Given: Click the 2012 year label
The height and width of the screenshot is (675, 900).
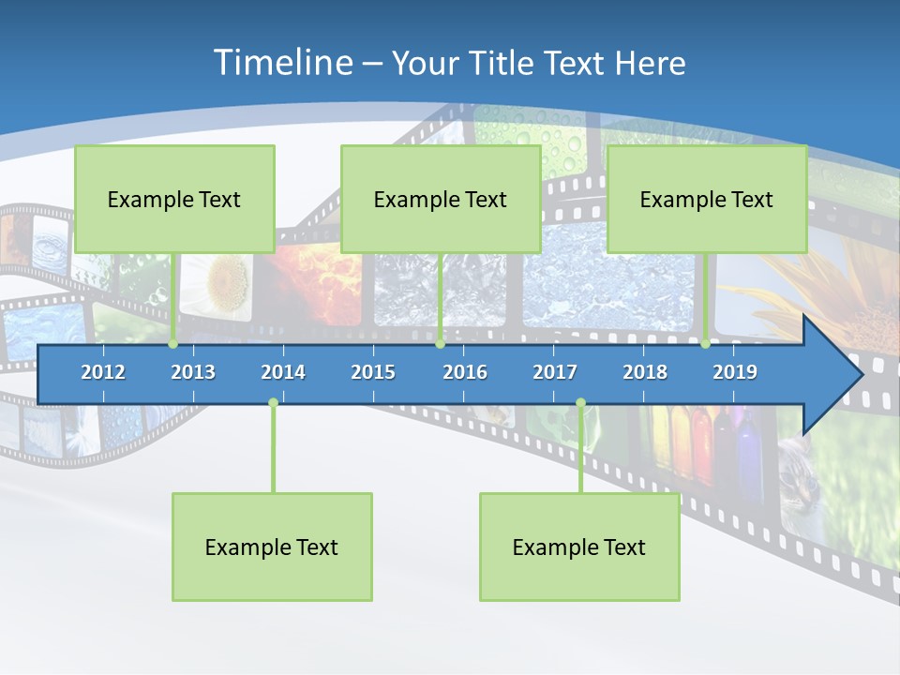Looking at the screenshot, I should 103,372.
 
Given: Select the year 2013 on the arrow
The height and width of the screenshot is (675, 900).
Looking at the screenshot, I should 193,372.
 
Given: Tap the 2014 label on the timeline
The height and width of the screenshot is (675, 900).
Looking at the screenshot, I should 283,372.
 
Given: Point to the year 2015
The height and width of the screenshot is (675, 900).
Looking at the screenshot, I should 373,372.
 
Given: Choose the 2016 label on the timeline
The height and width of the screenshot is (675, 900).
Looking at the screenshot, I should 465,372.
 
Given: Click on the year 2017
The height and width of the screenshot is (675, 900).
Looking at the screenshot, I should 555,372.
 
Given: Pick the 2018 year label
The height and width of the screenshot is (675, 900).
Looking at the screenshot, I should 645,372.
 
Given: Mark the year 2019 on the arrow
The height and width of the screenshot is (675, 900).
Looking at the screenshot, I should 735,372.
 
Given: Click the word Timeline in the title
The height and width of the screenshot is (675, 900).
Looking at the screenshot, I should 281,63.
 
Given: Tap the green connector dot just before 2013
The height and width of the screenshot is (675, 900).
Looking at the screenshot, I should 173,344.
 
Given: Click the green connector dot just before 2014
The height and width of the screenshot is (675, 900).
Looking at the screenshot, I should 273,403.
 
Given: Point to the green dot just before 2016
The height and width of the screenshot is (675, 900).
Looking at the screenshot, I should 440,344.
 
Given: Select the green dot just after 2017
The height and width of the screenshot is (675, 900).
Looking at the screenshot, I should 580,403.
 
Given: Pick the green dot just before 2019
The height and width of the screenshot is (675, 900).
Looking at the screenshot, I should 706,344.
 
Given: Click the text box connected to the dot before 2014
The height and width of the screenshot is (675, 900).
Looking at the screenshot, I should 272,547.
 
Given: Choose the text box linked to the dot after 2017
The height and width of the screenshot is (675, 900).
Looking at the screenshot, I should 579,547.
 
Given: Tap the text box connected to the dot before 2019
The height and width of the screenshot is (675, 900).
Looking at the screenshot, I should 707,199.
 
